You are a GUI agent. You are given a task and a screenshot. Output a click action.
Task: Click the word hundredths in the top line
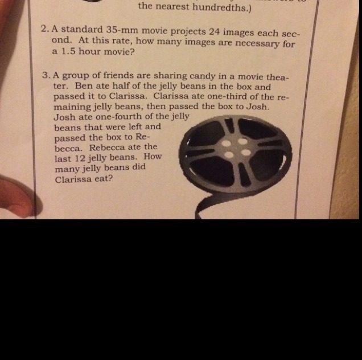(x=221, y=7)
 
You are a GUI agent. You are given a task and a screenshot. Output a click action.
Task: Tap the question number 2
(x=45, y=29)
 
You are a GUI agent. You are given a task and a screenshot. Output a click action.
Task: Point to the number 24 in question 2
(x=214, y=31)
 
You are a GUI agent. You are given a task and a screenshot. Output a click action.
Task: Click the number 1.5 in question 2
(x=68, y=51)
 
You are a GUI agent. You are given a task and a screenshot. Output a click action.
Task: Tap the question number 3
(x=47, y=75)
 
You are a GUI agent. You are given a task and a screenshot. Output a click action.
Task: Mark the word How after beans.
(x=153, y=157)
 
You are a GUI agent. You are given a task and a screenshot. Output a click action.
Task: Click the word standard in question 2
(x=82, y=30)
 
